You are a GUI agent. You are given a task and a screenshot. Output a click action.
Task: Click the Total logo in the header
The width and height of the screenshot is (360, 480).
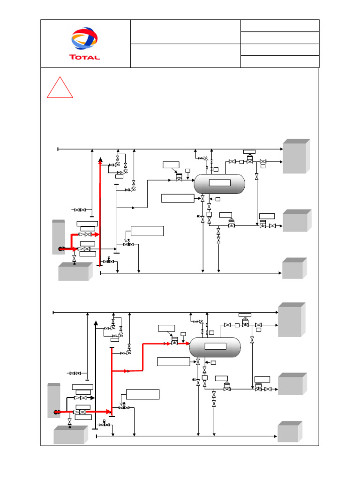click(85, 43)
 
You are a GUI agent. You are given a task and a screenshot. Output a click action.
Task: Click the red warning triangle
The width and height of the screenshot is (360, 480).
click(60, 89)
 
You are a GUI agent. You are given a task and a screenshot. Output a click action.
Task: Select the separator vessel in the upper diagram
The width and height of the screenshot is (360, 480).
click(219, 184)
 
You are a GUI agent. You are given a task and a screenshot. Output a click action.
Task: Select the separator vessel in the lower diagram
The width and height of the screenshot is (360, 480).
click(215, 347)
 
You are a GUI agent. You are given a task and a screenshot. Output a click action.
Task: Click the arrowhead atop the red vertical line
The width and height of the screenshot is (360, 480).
click(100, 160)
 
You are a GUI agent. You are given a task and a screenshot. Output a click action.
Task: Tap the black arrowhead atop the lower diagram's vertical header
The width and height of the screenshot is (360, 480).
click(96, 323)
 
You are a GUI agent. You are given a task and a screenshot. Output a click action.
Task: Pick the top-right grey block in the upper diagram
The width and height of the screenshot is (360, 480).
click(296, 157)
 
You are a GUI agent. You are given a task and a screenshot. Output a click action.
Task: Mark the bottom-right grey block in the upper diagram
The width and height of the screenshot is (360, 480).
click(294, 269)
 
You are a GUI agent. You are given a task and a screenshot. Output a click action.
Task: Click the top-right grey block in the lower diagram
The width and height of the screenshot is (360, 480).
click(291, 320)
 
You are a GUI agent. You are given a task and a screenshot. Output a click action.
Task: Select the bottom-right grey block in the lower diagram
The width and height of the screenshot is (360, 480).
click(289, 432)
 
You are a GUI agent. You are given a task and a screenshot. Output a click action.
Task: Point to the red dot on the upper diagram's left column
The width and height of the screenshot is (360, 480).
click(61, 249)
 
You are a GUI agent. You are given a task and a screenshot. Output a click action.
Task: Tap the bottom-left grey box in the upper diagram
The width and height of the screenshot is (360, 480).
click(75, 272)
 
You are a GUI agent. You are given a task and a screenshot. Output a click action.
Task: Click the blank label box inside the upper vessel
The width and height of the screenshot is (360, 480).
click(219, 183)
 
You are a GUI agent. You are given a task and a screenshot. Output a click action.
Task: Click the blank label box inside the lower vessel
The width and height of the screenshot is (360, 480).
click(215, 346)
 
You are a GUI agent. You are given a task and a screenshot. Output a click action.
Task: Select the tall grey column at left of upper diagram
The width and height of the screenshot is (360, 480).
click(58, 237)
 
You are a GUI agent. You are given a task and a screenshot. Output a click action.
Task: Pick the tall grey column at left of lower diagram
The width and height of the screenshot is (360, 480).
click(53, 400)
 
